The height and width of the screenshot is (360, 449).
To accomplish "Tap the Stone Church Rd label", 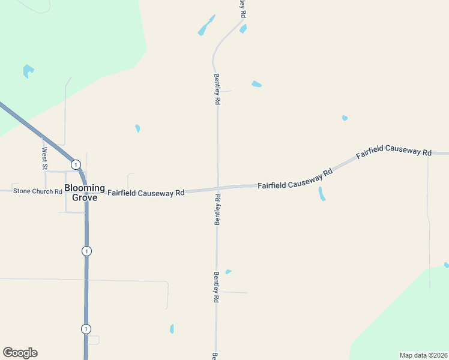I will tap(38, 191).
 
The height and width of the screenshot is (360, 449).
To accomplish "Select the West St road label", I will tap(44, 158).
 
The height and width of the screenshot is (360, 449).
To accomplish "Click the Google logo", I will tap(20, 353).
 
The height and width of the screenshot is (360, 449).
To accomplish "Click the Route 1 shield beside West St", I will tap(76, 164).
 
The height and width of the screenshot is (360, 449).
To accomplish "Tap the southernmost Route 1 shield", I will tap(86, 329).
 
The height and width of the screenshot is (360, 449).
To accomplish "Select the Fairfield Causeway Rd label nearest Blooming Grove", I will tap(146, 193).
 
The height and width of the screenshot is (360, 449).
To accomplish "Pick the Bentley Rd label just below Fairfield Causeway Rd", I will tap(217, 209).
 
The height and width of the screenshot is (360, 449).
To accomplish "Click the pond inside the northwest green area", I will tap(28, 71).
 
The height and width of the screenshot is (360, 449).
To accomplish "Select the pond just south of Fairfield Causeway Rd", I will tap(322, 193).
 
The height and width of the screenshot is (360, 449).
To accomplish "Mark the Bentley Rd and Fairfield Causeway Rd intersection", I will tap(217, 188).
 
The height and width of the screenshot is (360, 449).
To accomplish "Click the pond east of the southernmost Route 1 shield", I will tap(172, 329).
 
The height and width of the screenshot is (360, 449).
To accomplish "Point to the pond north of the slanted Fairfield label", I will tap(345, 118).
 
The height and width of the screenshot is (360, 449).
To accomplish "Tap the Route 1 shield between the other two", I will tap(87, 251).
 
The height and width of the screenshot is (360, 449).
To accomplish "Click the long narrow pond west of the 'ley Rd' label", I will tap(206, 25).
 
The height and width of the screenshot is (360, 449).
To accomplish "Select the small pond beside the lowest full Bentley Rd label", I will tap(228, 272).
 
